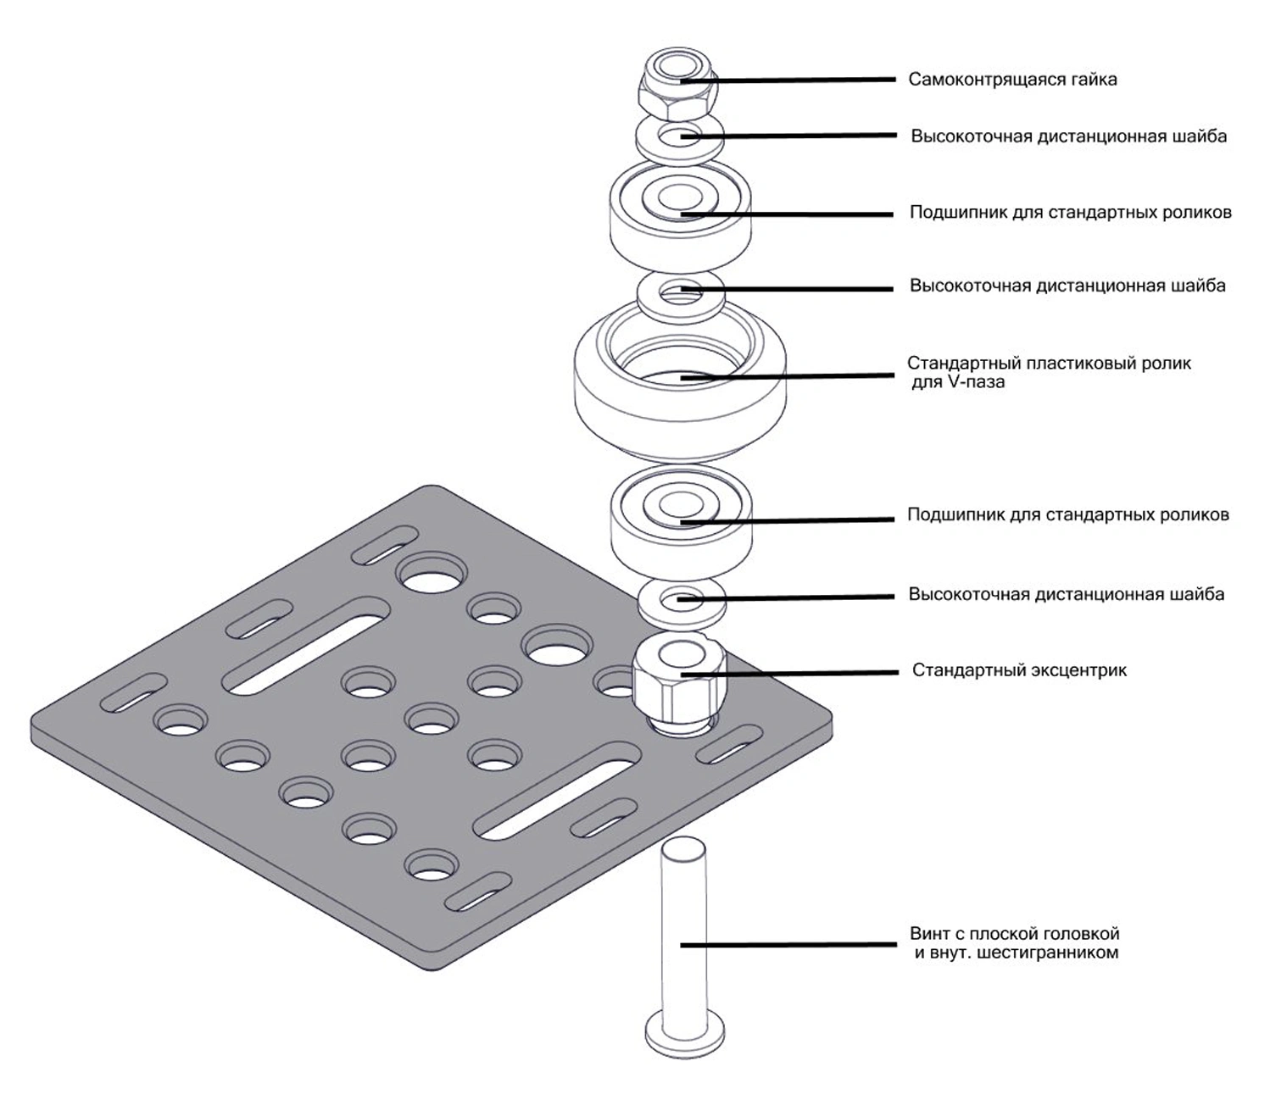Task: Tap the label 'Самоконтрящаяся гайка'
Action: point(1012,80)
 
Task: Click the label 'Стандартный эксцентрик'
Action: point(1019,670)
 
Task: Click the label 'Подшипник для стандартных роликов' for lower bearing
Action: point(1067,514)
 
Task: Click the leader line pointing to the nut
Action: point(805,80)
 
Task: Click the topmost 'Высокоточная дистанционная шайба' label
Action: point(1068,136)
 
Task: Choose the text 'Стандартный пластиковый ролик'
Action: point(1049,364)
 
